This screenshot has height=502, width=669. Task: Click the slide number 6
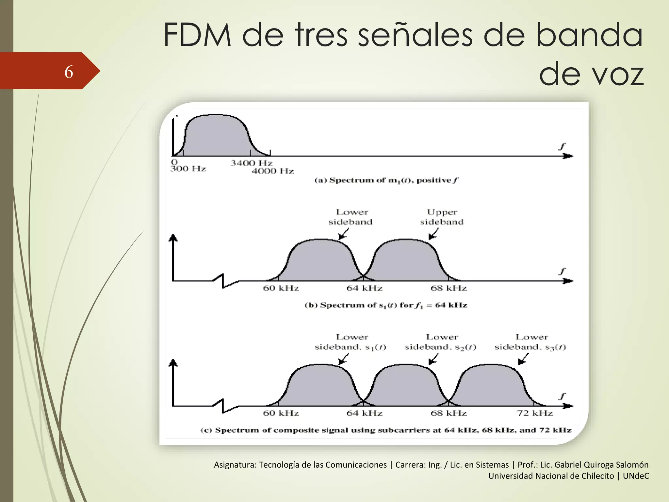69,72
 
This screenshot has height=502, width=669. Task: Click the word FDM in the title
197,35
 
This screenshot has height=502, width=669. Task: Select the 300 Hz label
188,169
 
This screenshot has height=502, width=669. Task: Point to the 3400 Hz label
251,163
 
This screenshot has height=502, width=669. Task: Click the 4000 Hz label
272,171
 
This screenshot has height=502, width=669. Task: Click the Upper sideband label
442,217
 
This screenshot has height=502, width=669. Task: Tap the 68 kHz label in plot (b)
449,288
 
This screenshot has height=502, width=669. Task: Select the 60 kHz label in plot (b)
281,288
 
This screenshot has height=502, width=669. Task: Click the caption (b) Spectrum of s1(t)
386,305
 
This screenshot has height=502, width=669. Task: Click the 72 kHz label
535,413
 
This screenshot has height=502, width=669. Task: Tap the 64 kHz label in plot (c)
364,413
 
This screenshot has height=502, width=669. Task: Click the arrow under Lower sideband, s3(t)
523,359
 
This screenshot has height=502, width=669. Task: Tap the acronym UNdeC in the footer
636,476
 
